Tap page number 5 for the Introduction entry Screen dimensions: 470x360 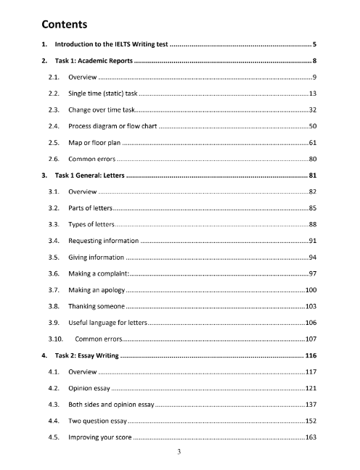click(x=313, y=45)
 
